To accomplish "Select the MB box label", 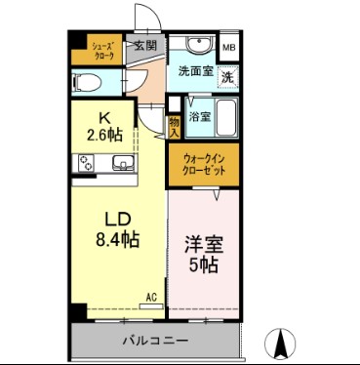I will [x=228, y=47].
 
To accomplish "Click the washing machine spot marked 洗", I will [x=226, y=76].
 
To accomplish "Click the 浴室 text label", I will [x=199, y=116].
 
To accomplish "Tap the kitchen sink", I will [x=123, y=163].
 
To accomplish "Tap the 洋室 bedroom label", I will [x=205, y=243].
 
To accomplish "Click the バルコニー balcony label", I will [x=155, y=341].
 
